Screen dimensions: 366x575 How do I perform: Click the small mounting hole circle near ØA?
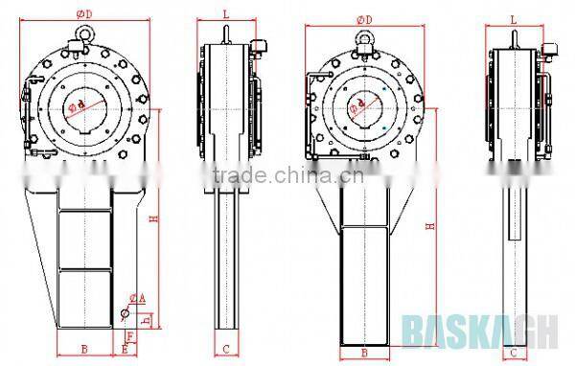pyautogui.click(x=125, y=312)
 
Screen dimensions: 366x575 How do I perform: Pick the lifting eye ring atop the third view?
pyautogui.click(x=364, y=38)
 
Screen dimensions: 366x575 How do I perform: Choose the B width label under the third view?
pyautogui.click(x=364, y=352)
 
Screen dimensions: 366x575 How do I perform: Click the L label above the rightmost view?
pyautogui.click(x=514, y=19)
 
